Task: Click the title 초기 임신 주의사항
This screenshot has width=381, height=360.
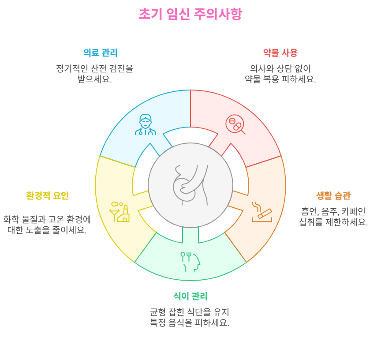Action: pos(190,14)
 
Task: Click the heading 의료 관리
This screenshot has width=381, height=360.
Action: pos(101,53)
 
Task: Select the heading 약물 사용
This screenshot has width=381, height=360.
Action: pos(280,53)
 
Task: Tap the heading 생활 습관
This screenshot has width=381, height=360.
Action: pos(333,195)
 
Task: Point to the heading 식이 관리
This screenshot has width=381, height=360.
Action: pos(190,296)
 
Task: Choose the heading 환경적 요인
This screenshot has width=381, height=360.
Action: pos(47,195)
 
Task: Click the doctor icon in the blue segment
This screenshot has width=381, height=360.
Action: pos(145,124)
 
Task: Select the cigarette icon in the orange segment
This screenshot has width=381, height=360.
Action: pos(261,211)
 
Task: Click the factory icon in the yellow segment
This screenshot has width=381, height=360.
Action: pos(120,212)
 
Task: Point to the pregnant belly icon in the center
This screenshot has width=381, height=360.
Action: pos(190,184)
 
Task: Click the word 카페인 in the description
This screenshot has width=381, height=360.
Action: pos(353,211)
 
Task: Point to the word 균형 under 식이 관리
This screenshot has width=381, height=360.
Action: pos(159,312)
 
